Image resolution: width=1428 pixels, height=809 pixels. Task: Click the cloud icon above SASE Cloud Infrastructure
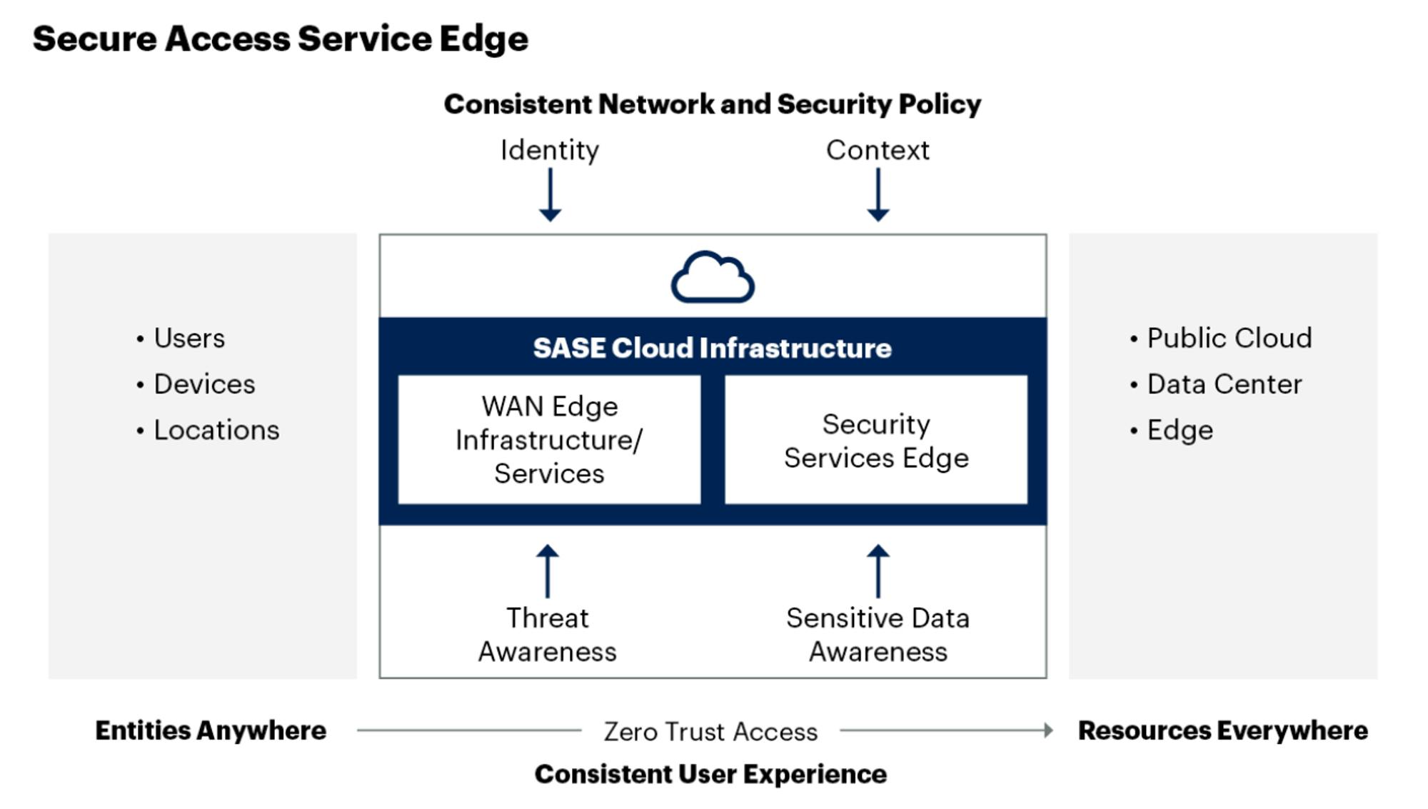(x=713, y=277)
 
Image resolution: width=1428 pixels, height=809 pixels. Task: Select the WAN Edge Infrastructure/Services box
(x=549, y=440)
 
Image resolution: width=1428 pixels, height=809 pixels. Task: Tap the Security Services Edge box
(x=876, y=440)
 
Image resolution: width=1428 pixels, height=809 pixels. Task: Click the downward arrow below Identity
(x=550, y=195)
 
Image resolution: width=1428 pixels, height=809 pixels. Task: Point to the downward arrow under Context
(x=878, y=195)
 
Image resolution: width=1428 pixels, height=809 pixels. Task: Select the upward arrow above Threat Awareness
(x=548, y=571)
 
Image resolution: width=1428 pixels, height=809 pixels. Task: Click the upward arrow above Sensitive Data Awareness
(x=878, y=571)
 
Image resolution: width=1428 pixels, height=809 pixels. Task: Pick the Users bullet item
(x=189, y=338)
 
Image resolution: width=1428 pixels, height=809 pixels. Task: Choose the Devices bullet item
(x=204, y=384)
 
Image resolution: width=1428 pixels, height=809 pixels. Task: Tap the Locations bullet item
(x=216, y=431)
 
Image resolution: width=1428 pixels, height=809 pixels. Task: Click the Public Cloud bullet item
(x=1229, y=338)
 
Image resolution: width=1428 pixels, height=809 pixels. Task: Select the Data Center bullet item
(x=1224, y=384)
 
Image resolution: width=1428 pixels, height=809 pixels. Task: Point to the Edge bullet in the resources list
(x=1180, y=431)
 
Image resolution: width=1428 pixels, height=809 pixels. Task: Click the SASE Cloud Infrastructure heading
(x=713, y=348)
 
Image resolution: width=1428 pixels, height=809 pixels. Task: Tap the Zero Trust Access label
(x=710, y=732)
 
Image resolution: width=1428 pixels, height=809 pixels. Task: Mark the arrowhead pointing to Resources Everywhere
(x=1048, y=730)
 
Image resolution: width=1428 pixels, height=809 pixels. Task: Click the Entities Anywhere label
(x=211, y=730)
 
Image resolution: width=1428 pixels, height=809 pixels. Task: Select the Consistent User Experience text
(x=710, y=774)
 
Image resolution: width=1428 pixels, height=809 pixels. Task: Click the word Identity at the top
(x=550, y=150)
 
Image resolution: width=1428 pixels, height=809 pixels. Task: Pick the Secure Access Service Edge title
(x=281, y=39)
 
